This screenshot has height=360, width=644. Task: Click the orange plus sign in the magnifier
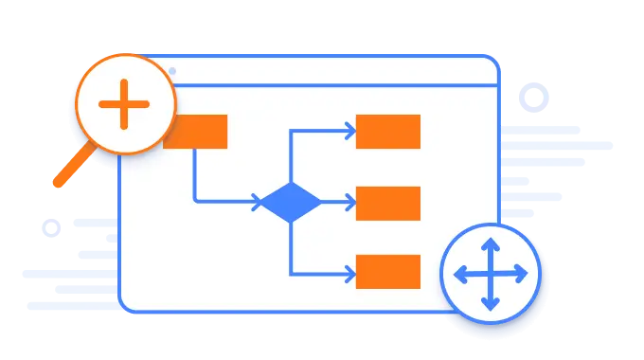coord(124,104)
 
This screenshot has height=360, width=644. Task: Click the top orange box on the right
coord(387,132)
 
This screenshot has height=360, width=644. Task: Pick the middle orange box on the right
coord(387,203)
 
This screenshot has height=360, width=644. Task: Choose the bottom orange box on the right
coord(387,272)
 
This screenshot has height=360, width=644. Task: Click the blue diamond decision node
coord(290,202)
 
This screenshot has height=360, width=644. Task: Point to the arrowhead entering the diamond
coord(257,202)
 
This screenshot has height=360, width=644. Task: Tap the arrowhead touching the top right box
coord(350,132)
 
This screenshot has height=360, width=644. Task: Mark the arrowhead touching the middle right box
coord(350,203)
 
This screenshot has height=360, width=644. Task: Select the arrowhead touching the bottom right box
coord(350,273)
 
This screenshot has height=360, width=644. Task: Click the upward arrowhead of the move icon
coord(491,244)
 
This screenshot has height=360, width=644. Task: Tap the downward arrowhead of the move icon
coord(491,305)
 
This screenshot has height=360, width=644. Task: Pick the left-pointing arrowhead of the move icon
coord(460,275)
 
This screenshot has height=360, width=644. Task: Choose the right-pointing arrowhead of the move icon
coord(522,275)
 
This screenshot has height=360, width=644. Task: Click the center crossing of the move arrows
coord(491,275)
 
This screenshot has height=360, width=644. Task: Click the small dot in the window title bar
coord(171,71)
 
